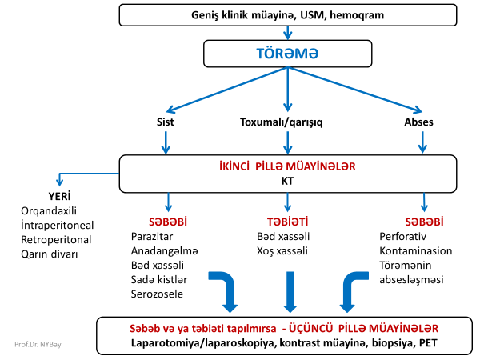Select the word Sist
pos(166,122)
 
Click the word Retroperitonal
pos(56,239)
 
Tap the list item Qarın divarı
pos(50,254)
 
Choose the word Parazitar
pos(152,236)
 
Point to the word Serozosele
pos(156,294)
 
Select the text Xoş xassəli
pos(282,250)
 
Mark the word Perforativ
pos(404,236)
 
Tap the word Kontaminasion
pos(416,250)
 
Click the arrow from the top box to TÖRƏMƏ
pos(287,32)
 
